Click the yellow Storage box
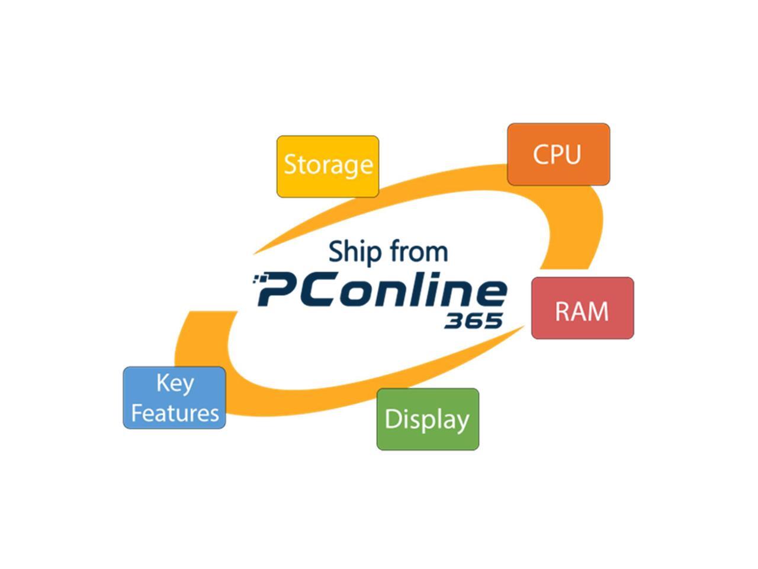[x=327, y=166]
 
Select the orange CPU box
[x=558, y=154]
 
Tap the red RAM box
[x=582, y=308]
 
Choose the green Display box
[x=428, y=419]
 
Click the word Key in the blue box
[x=175, y=383]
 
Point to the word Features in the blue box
[x=175, y=413]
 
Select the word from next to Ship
[x=419, y=251]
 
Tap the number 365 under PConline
[x=473, y=321]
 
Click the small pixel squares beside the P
[x=258, y=278]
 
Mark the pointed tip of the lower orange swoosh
[x=524, y=326]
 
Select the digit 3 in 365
[x=454, y=321]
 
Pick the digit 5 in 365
[x=493, y=321]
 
